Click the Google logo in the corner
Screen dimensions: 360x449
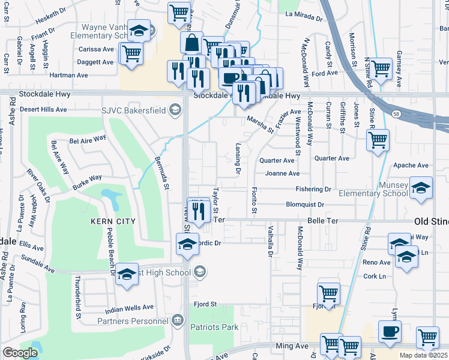tap(20, 353)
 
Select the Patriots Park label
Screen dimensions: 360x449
tap(214, 327)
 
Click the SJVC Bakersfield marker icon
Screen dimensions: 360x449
tap(175, 109)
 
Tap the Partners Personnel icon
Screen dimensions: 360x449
tap(176, 320)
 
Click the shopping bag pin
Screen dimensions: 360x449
tap(191, 43)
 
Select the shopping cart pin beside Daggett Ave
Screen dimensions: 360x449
tap(131, 52)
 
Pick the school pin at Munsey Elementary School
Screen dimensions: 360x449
tap(421, 187)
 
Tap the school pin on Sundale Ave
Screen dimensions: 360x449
tap(127, 274)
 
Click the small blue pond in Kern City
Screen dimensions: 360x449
tap(110, 196)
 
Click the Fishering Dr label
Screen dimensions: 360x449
tap(313, 189)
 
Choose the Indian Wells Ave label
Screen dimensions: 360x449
tap(129, 308)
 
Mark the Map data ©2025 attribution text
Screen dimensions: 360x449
tap(423, 356)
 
